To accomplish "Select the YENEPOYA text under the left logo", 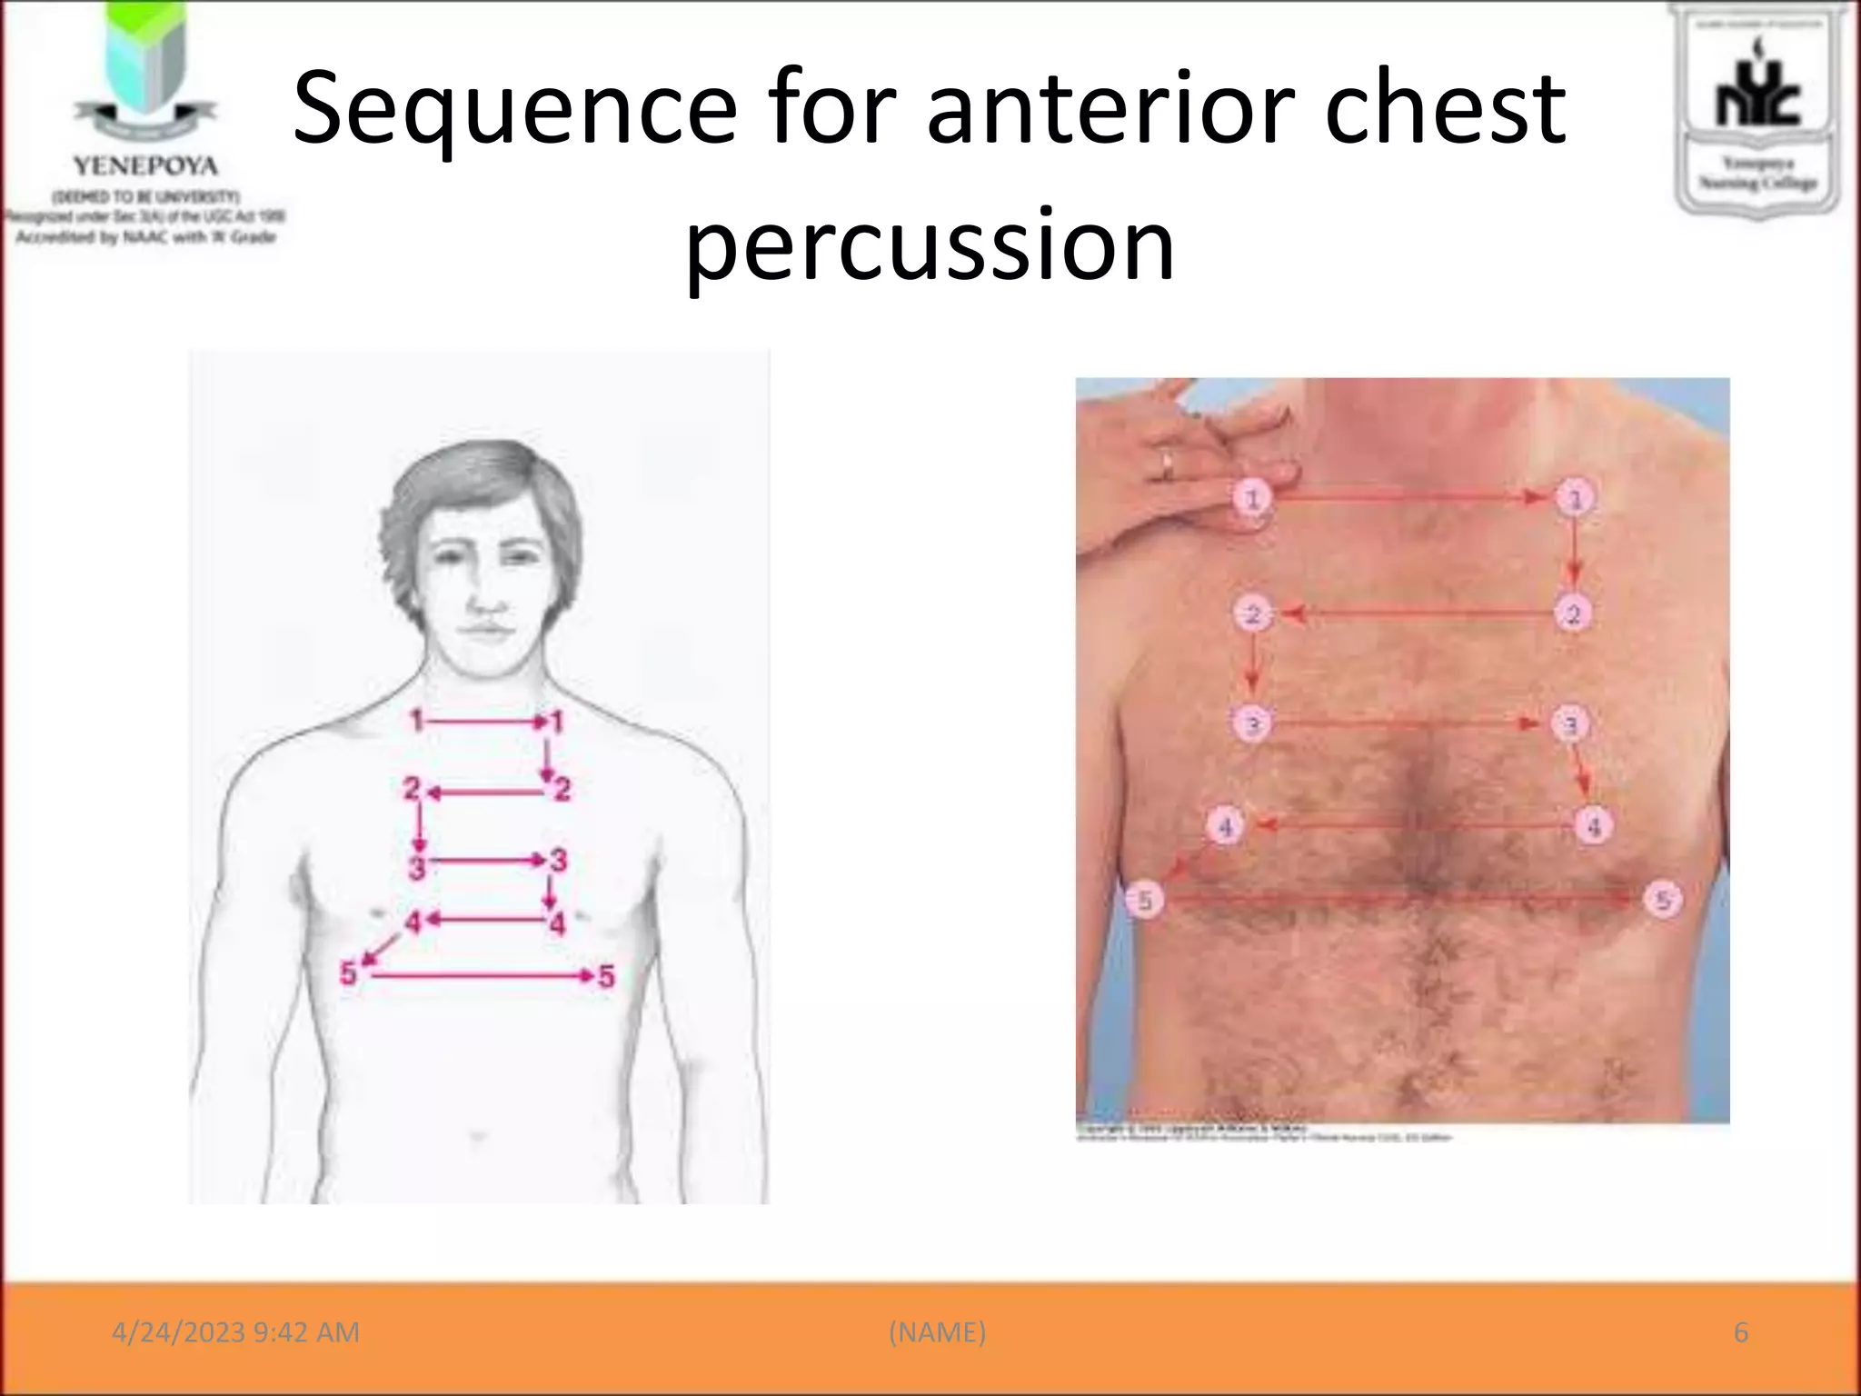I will click(x=145, y=166).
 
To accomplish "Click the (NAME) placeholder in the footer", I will click(x=937, y=1332).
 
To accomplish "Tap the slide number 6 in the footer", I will click(x=1740, y=1332).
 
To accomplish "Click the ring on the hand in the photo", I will click(x=1167, y=464).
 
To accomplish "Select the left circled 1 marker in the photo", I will click(x=1252, y=498).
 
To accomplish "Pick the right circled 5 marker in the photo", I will click(x=1663, y=900).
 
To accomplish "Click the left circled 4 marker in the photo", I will click(x=1225, y=827).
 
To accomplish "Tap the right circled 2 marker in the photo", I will click(x=1573, y=614).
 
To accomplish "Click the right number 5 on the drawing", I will click(x=606, y=977).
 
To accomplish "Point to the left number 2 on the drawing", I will click(x=412, y=788).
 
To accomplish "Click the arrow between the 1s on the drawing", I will click(x=486, y=723).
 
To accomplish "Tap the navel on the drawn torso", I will click(x=478, y=1136).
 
